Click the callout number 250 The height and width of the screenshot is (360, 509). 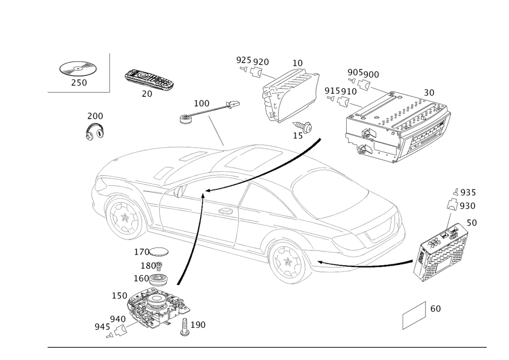point(78,83)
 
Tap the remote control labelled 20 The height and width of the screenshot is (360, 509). point(149,80)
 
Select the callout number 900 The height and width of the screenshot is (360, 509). point(371,75)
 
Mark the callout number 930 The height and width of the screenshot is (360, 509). point(467,205)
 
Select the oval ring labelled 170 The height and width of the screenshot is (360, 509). point(160,252)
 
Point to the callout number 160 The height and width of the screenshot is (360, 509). point(140,279)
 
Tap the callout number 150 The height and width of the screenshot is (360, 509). point(119,296)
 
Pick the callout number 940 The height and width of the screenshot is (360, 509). point(117,318)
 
